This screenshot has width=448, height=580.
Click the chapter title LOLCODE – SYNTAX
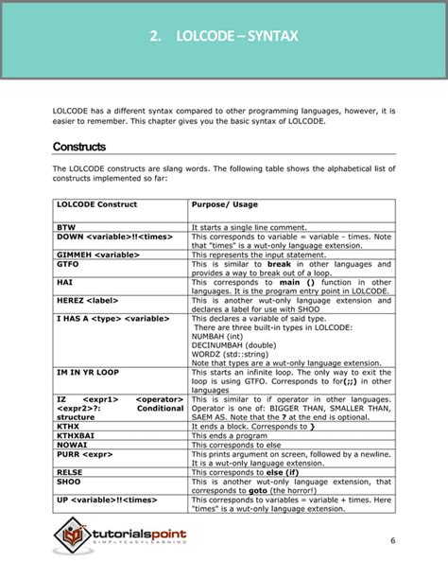223,38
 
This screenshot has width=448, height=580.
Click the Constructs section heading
78,147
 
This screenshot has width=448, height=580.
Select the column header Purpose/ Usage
224,204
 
